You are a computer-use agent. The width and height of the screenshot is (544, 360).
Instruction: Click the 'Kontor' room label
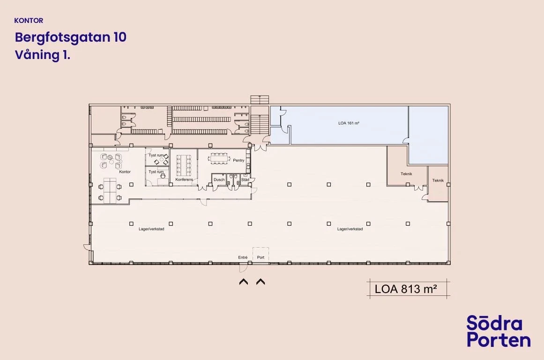[x=125, y=172]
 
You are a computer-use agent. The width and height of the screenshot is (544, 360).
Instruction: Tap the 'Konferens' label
[x=184, y=179]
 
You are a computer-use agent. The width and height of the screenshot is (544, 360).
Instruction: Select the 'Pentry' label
[x=238, y=161]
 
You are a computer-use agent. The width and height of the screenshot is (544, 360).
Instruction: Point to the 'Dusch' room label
[x=219, y=180]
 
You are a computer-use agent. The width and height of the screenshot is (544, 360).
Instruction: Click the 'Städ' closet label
[x=245, y=180]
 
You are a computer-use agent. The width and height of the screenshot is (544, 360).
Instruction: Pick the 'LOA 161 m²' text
[x=349, y=123]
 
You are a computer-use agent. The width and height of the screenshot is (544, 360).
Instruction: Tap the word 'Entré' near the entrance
[x=243, y=257]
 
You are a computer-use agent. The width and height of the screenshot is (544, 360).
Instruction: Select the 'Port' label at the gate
[x=261, y=257]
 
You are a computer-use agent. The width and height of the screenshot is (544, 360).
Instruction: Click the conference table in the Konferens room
[x=184, y=165]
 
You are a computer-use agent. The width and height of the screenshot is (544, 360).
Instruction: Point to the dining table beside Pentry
[x=219, y=158]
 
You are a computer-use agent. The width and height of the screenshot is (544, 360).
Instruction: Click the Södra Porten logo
[x=499, y=331]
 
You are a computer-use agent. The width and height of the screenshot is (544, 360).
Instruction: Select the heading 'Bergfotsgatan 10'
[x=70, y=37]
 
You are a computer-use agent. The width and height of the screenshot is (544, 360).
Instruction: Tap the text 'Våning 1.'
[x=42, y=55]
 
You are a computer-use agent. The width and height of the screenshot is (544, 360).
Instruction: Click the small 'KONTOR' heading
[x=29, y=21]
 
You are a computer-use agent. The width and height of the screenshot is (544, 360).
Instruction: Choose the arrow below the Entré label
[x=244, y=282]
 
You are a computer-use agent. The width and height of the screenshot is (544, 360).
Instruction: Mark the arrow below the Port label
[x=261, y=282]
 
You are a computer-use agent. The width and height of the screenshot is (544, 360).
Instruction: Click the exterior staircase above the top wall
[x=260, y=99]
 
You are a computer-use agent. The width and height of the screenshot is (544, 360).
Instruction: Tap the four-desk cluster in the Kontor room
[x=110, y=190]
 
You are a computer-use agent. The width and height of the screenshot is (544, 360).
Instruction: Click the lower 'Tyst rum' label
[x=156, y=172]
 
